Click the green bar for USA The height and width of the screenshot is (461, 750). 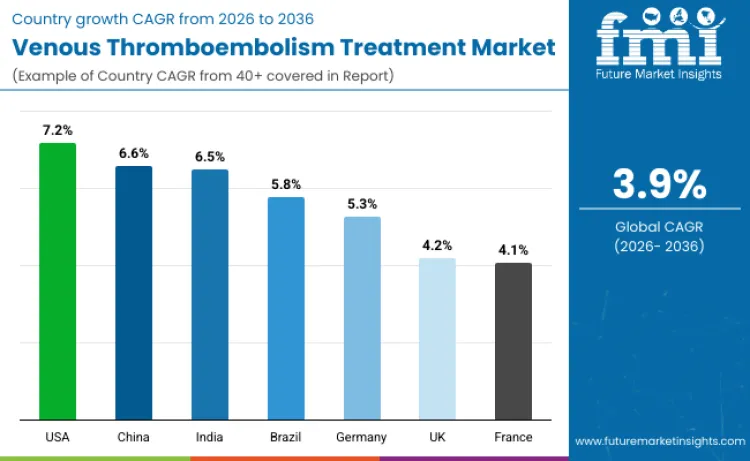click(x=57, y=281)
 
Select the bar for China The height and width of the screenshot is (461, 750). click(x=133, y=292)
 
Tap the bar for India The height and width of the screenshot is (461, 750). click(x=210, y=294)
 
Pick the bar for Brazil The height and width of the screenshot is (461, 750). click(x=286, y=308)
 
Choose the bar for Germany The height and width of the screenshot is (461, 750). click(x=362, y=318)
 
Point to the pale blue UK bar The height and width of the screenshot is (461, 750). click(x=437, y=338)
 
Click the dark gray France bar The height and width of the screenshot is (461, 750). click(x=513, y=341)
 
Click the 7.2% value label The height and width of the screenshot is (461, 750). click(x=57, y=131)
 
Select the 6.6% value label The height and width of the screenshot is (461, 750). click(x=133, y=153)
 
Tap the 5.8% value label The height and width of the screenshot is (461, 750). click(x=286, y=184)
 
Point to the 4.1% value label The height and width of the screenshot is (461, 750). click(x=513, y=250)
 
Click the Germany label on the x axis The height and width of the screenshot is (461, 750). click(x=362, y=437)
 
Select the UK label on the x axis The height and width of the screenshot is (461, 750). click(x=437, y=437)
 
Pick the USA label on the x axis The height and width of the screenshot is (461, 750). click(x=57, y=437)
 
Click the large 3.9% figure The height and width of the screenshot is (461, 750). click(x=659, y=185)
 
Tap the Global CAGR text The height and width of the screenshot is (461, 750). click(x=659, y=227)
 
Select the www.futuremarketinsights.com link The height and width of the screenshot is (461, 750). click(x=659, y=440)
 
